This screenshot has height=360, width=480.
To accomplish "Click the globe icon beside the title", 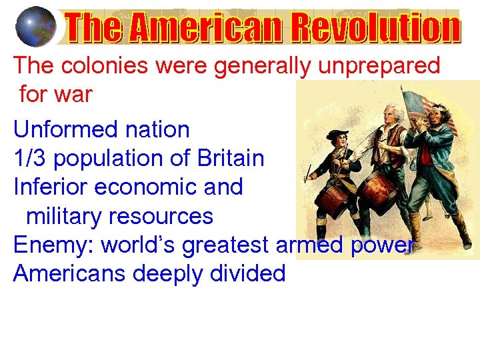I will point(35,27).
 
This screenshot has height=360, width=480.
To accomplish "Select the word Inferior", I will point(50,187).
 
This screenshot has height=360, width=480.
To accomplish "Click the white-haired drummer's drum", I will point(377,190).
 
